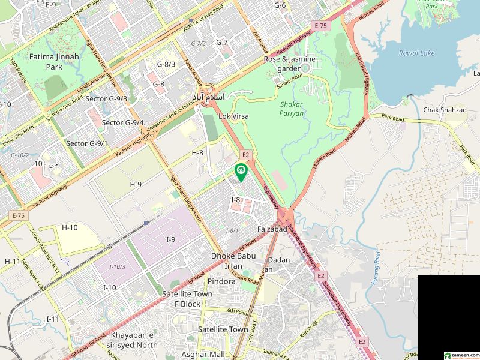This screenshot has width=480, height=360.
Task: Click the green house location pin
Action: click(241, 172)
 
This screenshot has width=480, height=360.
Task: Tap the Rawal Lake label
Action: click(416, 53)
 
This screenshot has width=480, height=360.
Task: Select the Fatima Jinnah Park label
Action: click(46, 62)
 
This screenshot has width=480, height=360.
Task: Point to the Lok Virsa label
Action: click(233, 115)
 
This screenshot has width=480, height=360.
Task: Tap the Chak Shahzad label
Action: click(445, 110)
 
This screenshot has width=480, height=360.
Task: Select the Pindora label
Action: click(221, 281)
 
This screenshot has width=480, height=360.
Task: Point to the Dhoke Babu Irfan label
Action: click(227, 260)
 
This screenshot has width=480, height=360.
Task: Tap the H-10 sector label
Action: click(70, 227)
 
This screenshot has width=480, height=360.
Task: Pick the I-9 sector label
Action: click(171, 239)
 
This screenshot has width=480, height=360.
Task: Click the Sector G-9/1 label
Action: click(86, 143)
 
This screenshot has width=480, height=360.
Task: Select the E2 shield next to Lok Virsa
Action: click(246, 154)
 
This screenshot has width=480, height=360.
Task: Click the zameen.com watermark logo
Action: click(460, 355)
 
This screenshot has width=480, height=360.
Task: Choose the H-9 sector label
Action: click(136, 184)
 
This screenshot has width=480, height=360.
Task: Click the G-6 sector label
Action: click(280, 5)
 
